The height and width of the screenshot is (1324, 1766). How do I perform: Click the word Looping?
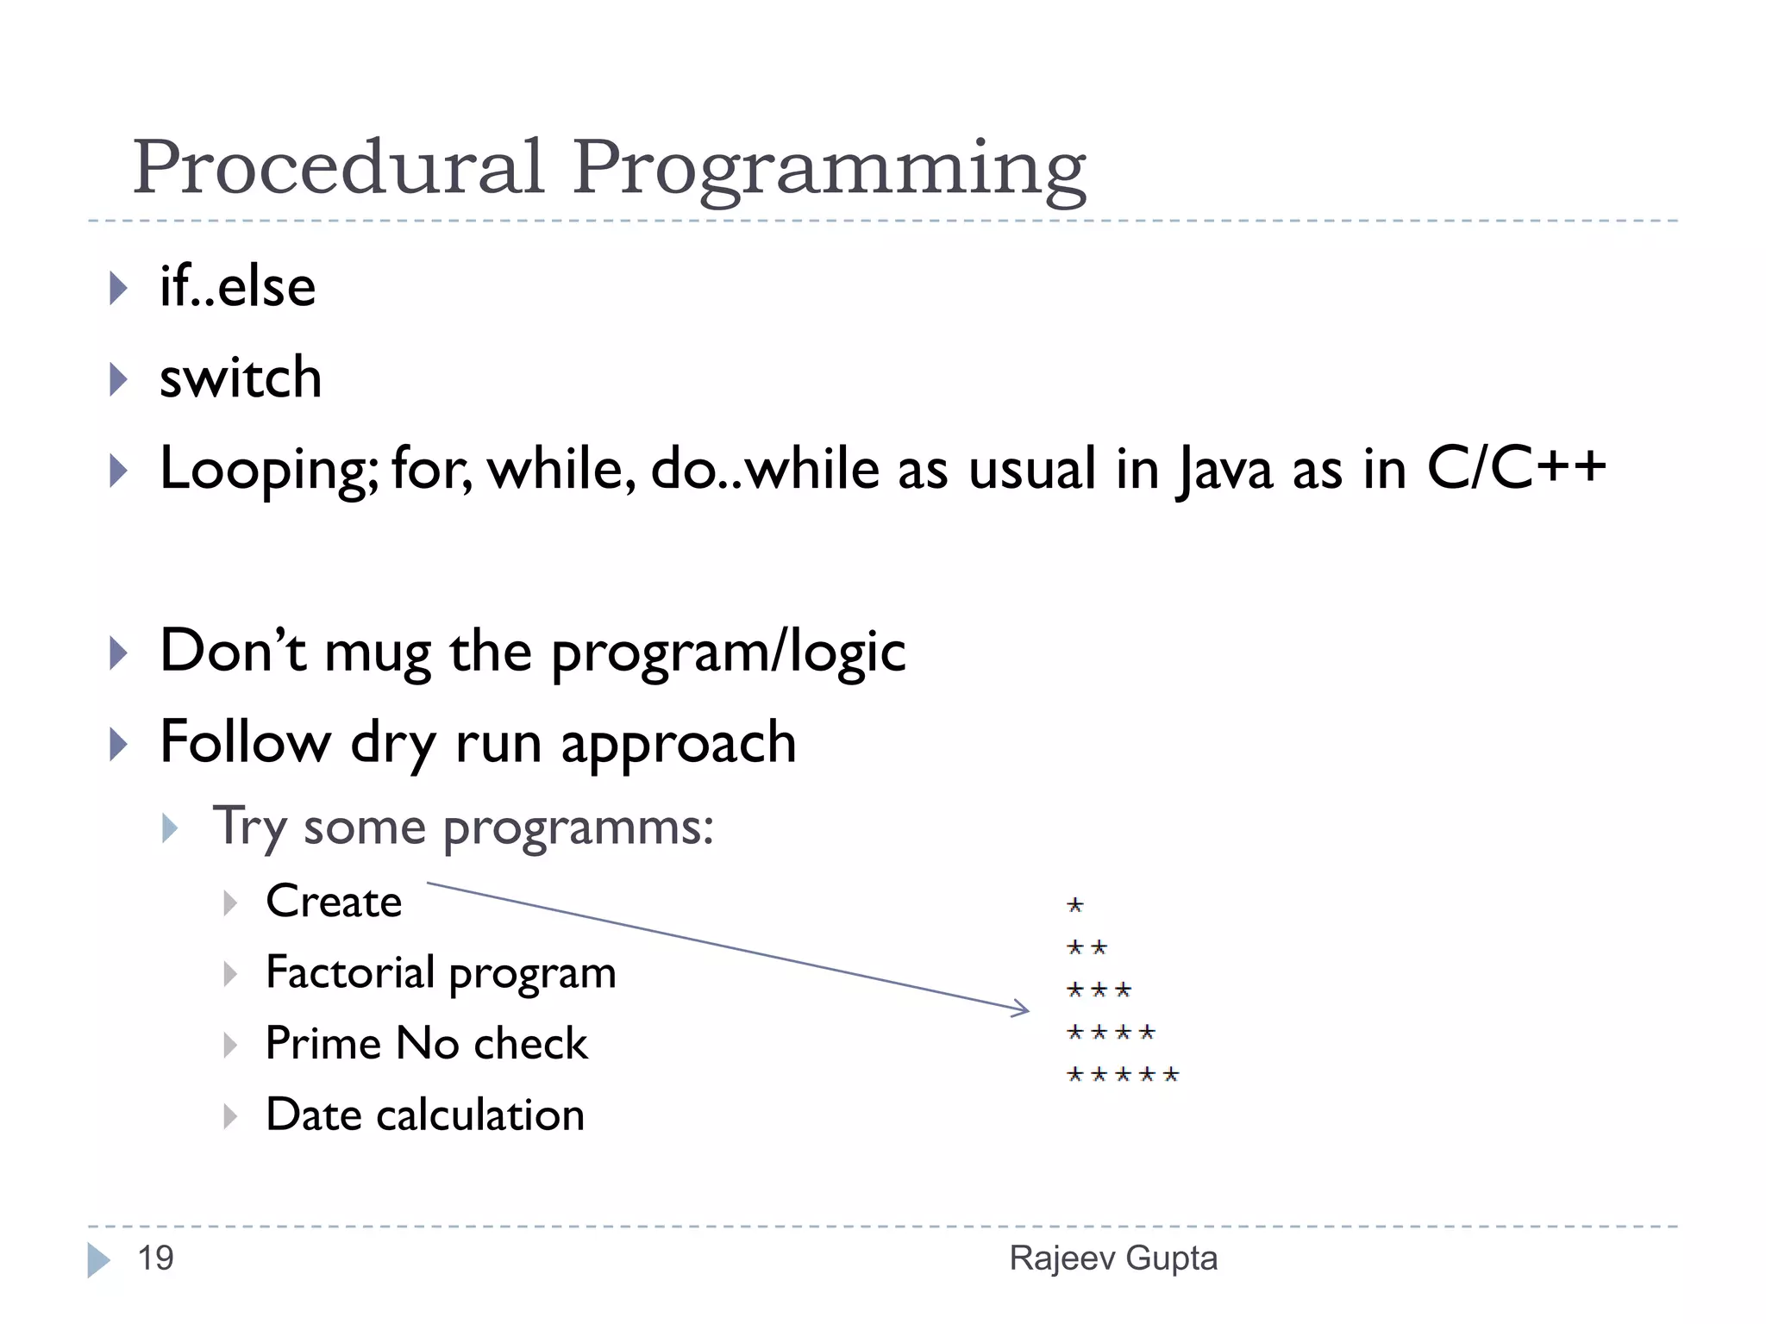(x=268, y=471)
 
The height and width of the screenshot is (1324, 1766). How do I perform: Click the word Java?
(x=1224, y=471)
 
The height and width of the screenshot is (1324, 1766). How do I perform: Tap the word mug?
(x=377, y=653)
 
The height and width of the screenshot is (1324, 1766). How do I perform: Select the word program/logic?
(x=729, y=653)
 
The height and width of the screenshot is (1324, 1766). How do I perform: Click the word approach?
(x=679, y=744)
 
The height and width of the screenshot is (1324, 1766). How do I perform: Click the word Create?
(x=334, y=902)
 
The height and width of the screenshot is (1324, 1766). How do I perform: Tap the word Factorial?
(x=350, y=972)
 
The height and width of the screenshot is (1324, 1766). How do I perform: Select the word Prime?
(x=323, y=1043)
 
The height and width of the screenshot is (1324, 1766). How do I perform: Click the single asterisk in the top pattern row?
(x=1074, y=905)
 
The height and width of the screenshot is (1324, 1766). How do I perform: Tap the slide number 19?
(x=156, y=1258)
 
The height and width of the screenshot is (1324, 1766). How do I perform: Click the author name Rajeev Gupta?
(x=1113, y=1258)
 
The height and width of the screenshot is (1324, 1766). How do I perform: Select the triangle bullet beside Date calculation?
(x=229, y=1116)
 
